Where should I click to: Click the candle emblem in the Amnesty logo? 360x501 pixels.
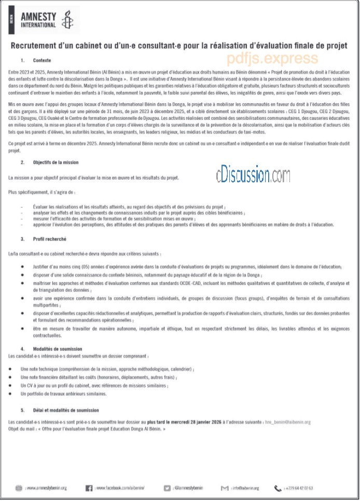67,21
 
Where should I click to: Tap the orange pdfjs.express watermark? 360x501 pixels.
272,58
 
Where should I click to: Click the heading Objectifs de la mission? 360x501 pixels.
56,163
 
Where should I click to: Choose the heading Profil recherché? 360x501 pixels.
50,239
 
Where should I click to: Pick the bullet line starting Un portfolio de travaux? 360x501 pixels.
63,394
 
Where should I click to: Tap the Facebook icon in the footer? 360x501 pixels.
88,488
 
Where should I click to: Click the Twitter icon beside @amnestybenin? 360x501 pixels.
167,488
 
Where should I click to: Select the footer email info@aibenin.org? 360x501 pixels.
245,488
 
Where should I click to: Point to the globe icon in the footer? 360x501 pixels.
19,488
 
